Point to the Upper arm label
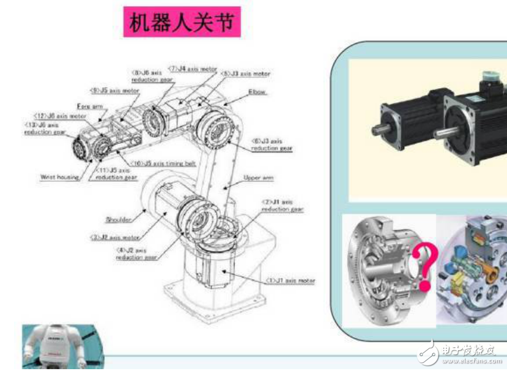(259, 178)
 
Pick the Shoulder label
(119, 219)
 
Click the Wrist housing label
(59, 177)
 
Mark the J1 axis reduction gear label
(282, 205)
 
